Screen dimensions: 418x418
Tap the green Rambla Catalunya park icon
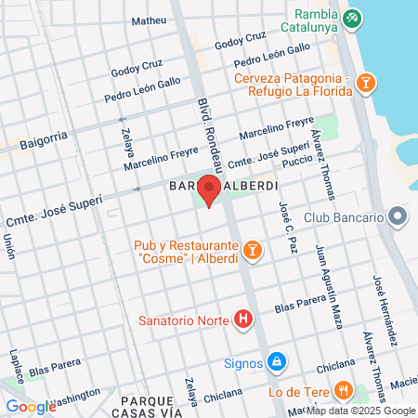pos(352,18)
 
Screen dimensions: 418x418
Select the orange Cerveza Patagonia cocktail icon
pos(367,85)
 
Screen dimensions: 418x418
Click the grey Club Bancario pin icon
pos(398,217)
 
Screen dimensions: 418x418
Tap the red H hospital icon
pos(243,320)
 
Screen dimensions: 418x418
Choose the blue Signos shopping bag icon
pos(276,361)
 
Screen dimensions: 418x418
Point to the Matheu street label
pos(149,20)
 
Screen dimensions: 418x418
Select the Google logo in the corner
pos(31,406)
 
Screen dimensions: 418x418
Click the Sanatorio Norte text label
pos(182,320)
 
